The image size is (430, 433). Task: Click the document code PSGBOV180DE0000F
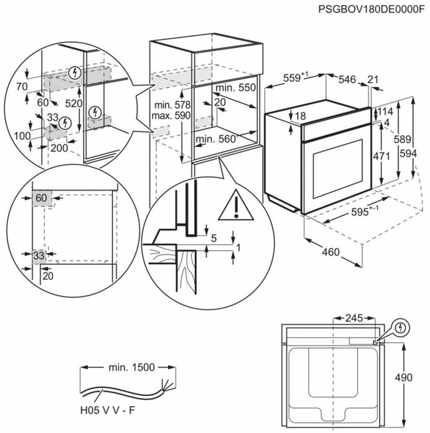tap(371, 9)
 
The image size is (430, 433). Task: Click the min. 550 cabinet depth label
tap(238, 88)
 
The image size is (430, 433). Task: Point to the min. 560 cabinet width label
tap(214, 139)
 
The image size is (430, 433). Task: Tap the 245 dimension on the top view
tap(354, 319)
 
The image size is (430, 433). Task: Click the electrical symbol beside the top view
tap(398, 327)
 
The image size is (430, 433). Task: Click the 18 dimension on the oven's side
tap(301, 116)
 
